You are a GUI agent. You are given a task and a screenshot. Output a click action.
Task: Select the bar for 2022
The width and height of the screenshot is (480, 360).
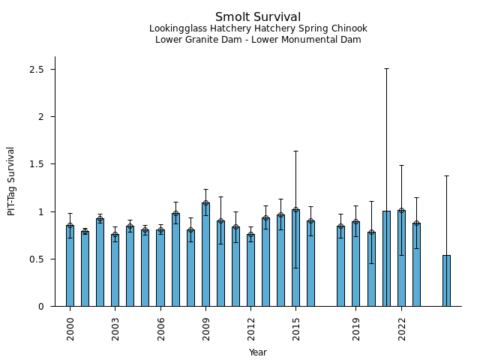coord(401,258)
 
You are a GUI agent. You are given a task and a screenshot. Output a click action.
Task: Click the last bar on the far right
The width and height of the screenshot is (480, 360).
coord(446,280)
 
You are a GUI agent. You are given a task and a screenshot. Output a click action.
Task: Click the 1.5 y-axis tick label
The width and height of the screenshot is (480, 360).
coord(37,164)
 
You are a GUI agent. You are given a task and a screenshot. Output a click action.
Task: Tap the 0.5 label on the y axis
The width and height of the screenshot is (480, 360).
coord(37,259)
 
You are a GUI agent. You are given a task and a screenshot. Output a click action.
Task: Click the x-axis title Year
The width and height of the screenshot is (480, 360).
coord(258,352)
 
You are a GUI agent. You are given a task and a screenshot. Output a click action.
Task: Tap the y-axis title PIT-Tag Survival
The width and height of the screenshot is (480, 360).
coord(11,181)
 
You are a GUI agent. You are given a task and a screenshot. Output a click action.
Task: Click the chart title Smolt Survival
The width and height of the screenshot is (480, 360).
coord(258,17)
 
